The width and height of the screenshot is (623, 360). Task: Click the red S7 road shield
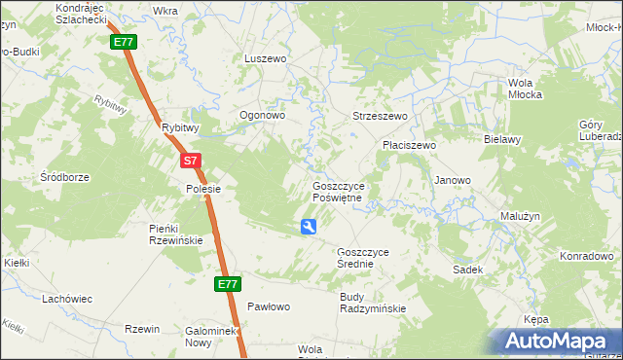pos(191,162)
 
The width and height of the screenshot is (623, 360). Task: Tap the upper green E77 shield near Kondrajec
pos(124,43)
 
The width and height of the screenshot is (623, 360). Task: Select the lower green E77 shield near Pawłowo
pos(227,284)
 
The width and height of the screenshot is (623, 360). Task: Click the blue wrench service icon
pos(309,228)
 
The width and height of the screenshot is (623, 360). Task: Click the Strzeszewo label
pos(380,116)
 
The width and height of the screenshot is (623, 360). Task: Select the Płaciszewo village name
pos(409,145)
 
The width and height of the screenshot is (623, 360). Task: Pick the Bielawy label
pos(503,139)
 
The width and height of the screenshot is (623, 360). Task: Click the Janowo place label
pos(453,180)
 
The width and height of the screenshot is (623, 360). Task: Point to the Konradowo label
pos(585,257)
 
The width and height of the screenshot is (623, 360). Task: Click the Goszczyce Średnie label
pos(362,258)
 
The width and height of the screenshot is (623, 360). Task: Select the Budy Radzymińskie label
pos(372,303)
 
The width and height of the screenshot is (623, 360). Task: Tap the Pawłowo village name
pos(269,306)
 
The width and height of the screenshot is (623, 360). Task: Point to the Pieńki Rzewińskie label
pos(175,234)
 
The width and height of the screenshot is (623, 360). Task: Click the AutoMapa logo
pos(557,342)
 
